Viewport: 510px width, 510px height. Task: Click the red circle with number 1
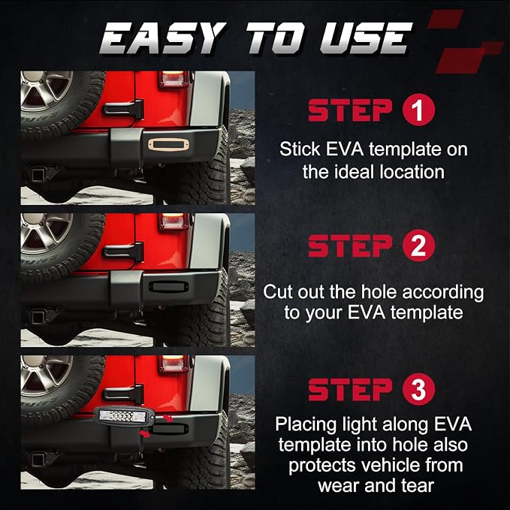(418, 110)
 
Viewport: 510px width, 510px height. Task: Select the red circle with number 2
(418, 246)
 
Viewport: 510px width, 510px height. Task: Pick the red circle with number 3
(418, 389)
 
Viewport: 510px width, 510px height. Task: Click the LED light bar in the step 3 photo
(125, 416)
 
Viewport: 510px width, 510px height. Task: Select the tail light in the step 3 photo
(173, 364)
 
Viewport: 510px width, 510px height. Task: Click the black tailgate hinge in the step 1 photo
(123, 110)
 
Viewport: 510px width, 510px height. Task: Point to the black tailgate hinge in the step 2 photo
(123, 252)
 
